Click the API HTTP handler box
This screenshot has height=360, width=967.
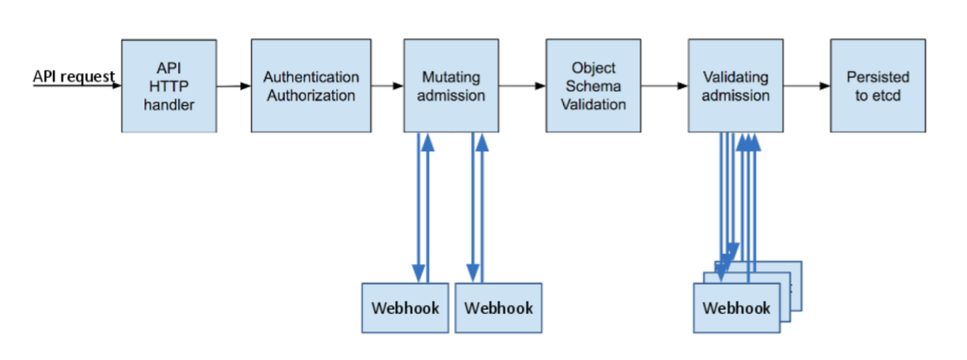(x=169, y=86)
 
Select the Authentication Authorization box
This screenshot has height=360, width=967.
(x=311, y=86)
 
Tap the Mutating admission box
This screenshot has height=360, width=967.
(x=452, y=86)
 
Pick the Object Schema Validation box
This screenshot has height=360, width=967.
(x=593, y=86)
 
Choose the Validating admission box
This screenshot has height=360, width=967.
(x=735, y=86)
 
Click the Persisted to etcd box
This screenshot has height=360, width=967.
(x=878, y=86)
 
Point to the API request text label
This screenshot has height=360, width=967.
(x=73, y=76)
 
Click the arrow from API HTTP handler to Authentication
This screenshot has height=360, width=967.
(x=233, y=86)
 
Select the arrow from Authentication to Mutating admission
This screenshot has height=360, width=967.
(x=387, y=86)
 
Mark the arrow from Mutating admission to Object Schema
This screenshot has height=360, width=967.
(x=523, y=86)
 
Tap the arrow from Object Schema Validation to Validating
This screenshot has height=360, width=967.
(x=664, y=86)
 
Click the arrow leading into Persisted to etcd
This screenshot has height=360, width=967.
(x=807, y=86)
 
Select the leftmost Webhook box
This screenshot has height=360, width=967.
(x=405, y=308)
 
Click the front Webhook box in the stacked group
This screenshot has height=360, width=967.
(x=736, y=308)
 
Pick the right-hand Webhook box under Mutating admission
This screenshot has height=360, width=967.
(x=498, y=308)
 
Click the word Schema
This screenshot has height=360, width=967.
(x=593, y=86)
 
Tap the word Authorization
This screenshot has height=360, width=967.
(x=311, y=96)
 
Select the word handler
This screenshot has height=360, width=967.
(x=169, y=105)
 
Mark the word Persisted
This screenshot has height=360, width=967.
(x=878, y=77)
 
